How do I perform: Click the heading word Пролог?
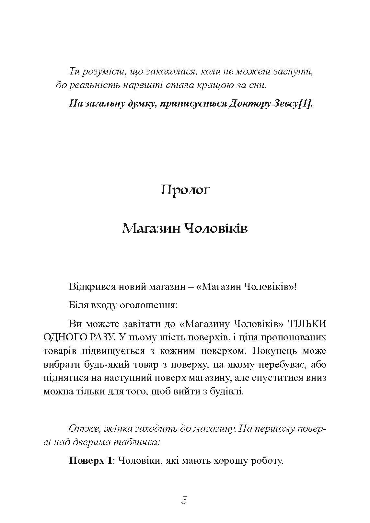(185, 190)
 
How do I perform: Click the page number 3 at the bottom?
(184, 500)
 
